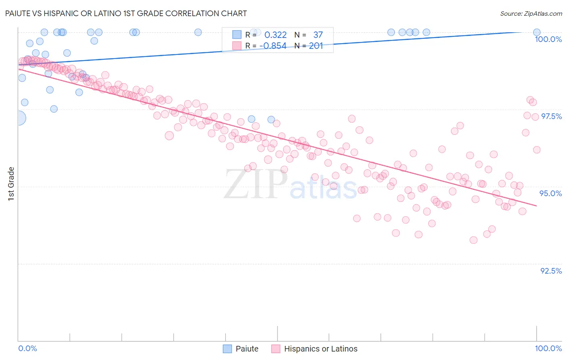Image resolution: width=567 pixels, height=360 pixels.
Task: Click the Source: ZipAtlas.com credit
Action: click(531, 13)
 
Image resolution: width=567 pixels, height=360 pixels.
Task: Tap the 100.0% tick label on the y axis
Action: click(548, 39)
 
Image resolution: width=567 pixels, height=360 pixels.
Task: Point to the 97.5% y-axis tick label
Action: click(551, 116)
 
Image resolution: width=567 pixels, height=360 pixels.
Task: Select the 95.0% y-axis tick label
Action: click(550, 193)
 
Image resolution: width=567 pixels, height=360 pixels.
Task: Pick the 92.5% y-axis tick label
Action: click(551, 271)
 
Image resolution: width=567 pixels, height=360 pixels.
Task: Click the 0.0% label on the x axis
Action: click(27, 348)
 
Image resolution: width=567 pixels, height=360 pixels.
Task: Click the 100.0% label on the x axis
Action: click(548, 348)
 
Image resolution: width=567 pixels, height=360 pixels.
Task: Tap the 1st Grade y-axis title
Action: click(11, 184)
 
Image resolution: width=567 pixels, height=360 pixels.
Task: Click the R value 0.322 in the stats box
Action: click(275, 35)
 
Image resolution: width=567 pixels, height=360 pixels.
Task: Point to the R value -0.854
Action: click(273, 46)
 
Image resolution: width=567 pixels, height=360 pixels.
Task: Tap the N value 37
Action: click(318, 35)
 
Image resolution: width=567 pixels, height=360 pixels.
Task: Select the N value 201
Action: click(316, 46)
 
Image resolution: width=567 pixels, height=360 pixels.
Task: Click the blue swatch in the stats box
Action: click(237, 35)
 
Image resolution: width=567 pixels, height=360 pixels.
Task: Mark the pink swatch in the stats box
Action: click(237, 46)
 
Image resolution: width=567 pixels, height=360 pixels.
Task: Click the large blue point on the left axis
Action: click(19, 118)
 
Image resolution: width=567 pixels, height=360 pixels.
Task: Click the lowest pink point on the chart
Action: click(473, 240)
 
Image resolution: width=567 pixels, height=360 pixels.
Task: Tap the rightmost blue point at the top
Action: click(537, 32)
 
